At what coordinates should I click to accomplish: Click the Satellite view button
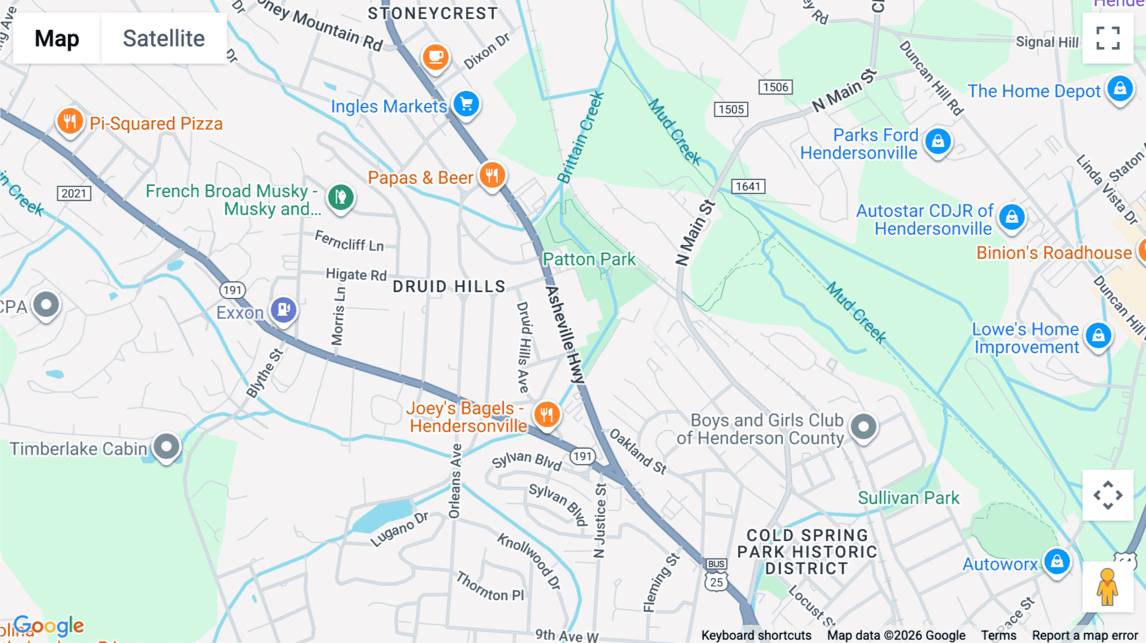164,38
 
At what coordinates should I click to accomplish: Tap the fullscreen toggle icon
1108,38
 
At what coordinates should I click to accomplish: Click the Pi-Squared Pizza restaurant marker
70,121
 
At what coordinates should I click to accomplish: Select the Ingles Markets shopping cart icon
467,104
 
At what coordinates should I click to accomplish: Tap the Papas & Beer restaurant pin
492,175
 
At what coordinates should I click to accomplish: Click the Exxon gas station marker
283,310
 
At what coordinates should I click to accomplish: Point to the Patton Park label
589,259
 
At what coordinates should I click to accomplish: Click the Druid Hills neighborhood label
449,286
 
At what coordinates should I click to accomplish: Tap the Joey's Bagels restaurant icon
546,414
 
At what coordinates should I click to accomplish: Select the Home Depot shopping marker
1120,88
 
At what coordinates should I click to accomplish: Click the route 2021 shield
74,194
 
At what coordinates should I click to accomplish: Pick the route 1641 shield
748,186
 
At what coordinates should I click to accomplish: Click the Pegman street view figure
1107,587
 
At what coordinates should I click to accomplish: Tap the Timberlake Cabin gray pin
167,446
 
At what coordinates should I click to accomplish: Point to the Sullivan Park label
909,498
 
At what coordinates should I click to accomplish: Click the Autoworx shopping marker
1057,562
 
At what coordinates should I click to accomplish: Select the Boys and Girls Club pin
864,427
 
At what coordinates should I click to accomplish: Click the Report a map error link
1085,635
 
